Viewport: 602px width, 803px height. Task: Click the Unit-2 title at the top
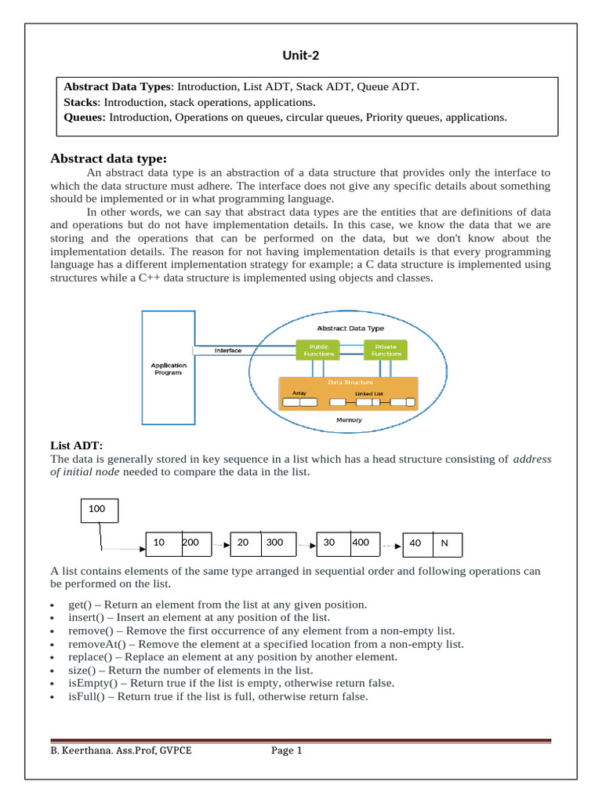[301, 55]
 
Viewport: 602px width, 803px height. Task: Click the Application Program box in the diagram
[169, 369]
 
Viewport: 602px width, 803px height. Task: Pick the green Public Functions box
[318, 350]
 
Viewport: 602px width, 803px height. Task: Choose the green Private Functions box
[386, 350]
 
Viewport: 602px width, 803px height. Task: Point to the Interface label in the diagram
[228, 351]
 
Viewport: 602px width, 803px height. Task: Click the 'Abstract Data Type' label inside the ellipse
[350, 329]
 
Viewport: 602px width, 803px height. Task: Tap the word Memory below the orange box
[350, 420]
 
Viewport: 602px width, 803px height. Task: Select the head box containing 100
[100, 510]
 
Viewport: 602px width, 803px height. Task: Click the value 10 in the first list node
[159, 542]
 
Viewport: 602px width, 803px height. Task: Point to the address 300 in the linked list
[274, 542]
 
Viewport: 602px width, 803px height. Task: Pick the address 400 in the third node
[361, 542]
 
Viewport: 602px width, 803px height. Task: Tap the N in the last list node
[445, 543]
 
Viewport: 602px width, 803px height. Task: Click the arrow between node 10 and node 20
[221, 543]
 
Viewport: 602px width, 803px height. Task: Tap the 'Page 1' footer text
[286, 751]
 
